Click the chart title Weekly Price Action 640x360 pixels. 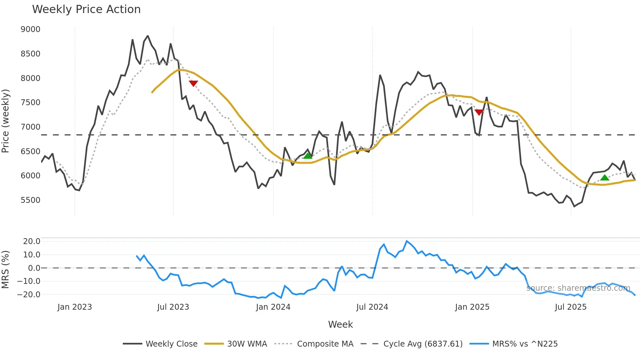[x=86, y=9]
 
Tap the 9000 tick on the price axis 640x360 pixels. [x=30, y=29]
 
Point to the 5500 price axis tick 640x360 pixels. [x=30, y=200]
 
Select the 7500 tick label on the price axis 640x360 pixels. [x=30, y=103]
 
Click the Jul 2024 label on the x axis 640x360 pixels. [x=372, y=307]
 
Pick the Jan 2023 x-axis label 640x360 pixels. [x=74, y=307]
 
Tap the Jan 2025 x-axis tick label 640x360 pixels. [x=472, y=307]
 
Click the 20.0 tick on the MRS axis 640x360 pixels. [x=32, y=241]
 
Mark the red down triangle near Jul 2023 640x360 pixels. [x=193, y=83]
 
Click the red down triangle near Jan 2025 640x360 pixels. [x=479, y=112]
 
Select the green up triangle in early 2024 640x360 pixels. [x=308, y=156]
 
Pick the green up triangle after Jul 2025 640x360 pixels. [x=605, y=178]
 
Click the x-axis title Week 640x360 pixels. [x=340, y=324]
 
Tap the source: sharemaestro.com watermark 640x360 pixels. [x=578, y=288]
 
